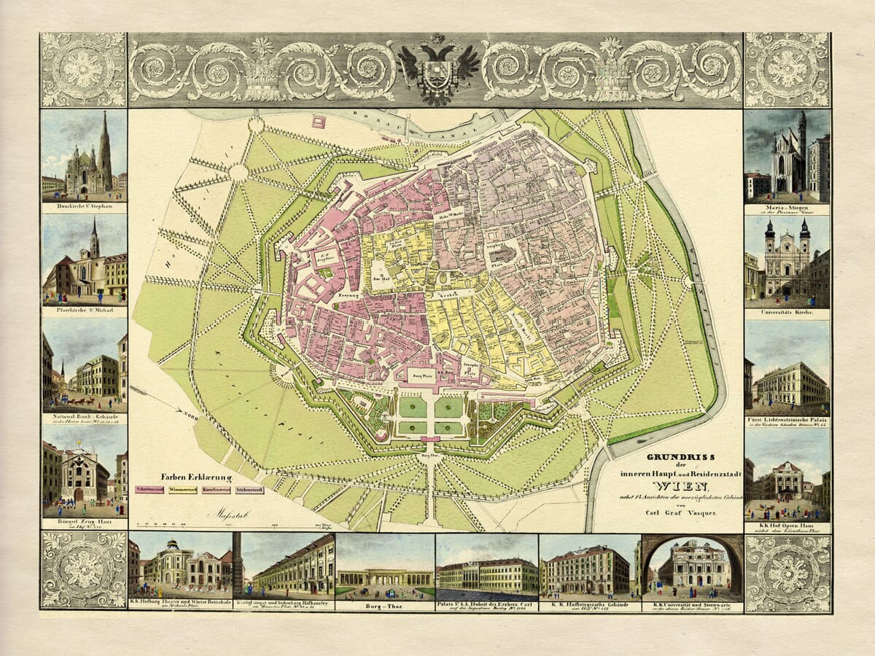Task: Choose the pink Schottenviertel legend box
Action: tap(150, 490)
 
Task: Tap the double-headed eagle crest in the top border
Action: tap(438, 69)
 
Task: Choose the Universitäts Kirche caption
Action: tap(787, 313)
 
